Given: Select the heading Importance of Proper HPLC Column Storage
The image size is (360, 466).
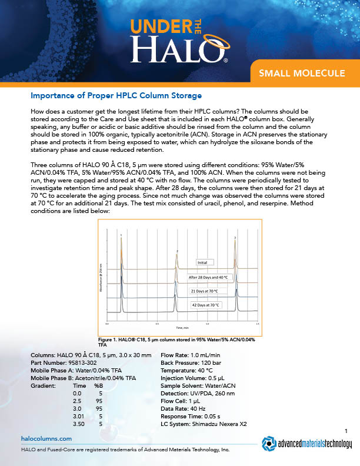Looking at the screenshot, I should (116, 95).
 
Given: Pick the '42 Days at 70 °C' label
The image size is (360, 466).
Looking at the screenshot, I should (205, 305).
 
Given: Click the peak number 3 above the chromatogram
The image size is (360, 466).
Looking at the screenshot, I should (235, 237).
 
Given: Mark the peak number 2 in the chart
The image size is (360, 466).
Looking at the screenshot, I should (177, 251).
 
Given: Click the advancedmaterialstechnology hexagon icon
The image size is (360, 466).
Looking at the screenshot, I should (270, 444).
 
